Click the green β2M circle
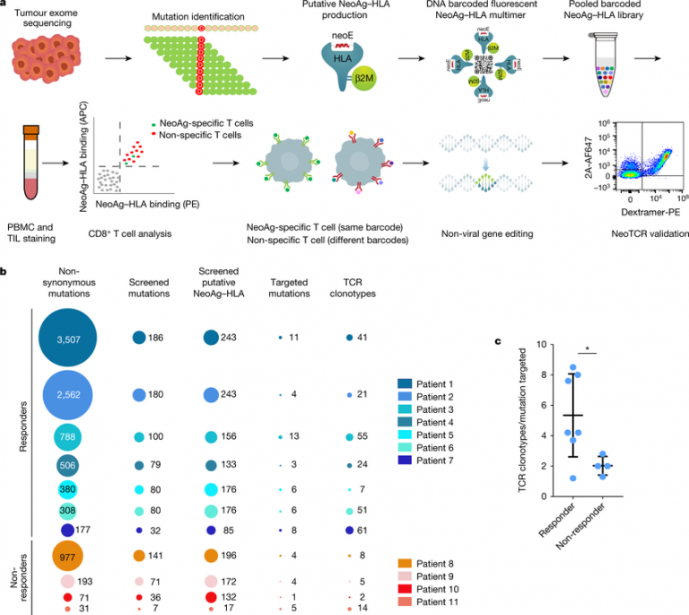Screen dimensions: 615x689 (x=368, y=79)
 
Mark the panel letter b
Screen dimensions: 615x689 (x=5, y=268)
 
